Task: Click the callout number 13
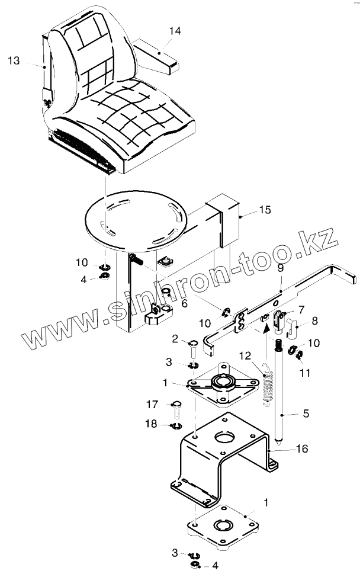[x=14, y=60]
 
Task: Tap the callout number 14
[x=172, y=30]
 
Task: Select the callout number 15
[x=264, y=210]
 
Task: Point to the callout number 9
[x=280, y=268]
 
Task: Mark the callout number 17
[x=152, y=405]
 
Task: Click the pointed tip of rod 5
[x=278, y=444]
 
